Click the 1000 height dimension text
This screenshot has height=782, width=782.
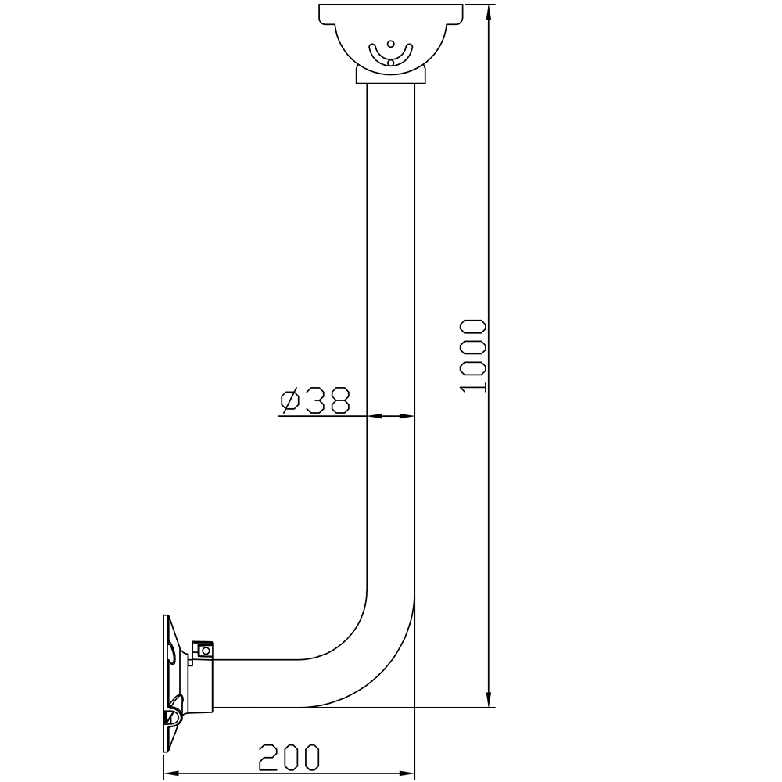pyautogui.click(x=473, y=356)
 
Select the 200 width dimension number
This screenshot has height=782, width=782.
pyautogui.click(x=289, y=756)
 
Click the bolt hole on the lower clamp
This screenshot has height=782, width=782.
pyautogui.click(x=206, y=650)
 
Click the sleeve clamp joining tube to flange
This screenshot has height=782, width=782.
pyautogui.click(x=202, y=680)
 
